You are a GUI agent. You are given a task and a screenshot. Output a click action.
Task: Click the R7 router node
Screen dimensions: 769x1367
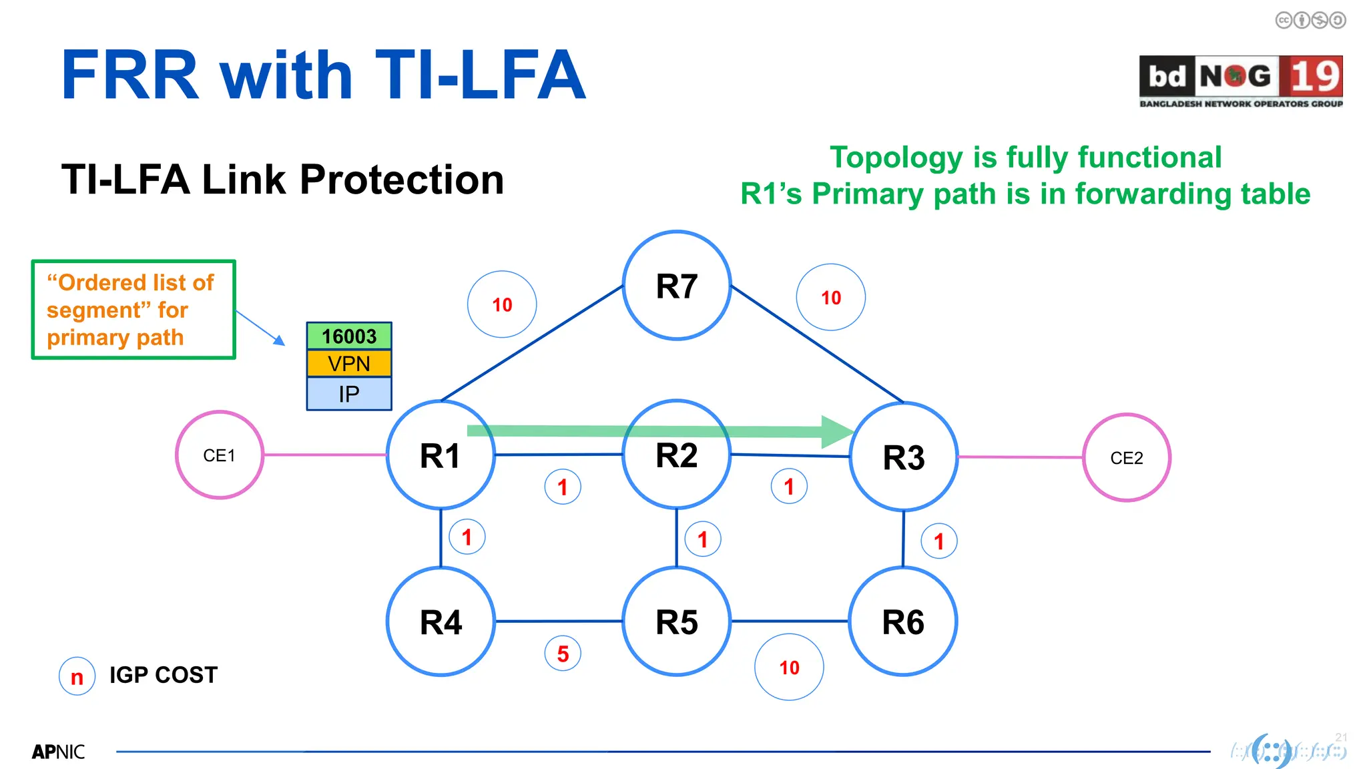[677, 286]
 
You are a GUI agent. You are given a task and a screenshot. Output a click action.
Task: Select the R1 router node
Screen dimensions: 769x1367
[441, 455]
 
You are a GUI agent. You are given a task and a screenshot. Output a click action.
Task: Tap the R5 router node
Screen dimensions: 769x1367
[677, 621]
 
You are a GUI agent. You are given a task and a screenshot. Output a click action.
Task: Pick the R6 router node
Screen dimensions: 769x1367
[903, 621]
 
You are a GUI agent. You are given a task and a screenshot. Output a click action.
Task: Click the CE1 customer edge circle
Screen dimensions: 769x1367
[220, 455]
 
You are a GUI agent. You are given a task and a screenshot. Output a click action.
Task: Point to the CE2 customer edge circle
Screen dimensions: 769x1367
[1127, 458]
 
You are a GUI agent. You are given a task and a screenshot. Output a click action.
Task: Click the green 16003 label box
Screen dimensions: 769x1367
[349, 336]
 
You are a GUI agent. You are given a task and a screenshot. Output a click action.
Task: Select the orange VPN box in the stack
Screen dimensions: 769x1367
[349, 364]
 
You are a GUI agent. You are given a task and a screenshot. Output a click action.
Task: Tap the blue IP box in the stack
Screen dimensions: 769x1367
[349, 394]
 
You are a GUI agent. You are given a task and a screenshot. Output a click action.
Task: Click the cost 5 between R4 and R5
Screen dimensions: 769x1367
[563, 654]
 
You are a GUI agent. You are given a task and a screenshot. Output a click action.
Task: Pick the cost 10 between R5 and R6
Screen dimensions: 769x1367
[789, 667]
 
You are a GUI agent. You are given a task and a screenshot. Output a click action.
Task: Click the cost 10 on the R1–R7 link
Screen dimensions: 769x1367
[502, 304]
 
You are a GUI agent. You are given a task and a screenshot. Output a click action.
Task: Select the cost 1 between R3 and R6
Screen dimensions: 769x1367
[939, 541]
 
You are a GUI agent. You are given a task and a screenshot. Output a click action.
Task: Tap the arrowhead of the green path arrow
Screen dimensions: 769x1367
[837, 431]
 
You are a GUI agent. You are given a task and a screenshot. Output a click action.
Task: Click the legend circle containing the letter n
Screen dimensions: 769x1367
[77, 676]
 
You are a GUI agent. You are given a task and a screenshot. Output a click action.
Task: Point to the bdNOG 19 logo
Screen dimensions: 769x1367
[1241, 81]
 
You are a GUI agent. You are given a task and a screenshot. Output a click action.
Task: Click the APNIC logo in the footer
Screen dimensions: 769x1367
[59, 752]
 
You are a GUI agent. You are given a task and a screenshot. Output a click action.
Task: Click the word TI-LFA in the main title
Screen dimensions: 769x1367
[481, 75]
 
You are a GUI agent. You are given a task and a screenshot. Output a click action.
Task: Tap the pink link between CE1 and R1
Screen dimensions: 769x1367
[325, 455]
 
